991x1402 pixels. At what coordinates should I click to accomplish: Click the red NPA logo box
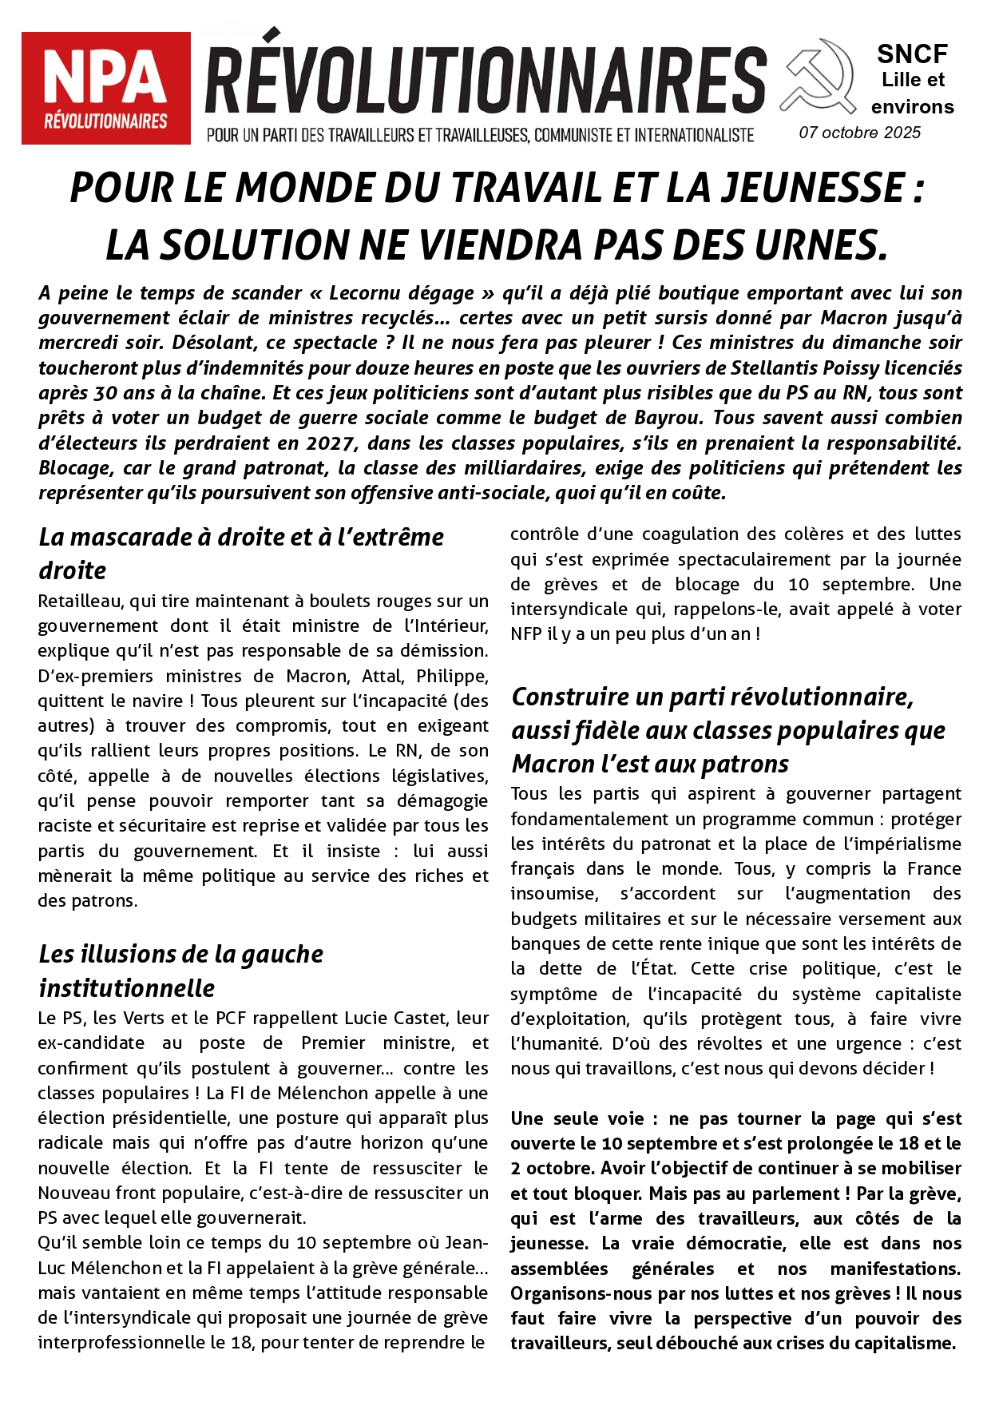point(105,88)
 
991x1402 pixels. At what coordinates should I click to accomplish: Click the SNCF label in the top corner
point(912,54)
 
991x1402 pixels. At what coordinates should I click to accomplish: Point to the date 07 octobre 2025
point(860,133)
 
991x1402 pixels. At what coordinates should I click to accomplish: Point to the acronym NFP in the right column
point(528,633)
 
